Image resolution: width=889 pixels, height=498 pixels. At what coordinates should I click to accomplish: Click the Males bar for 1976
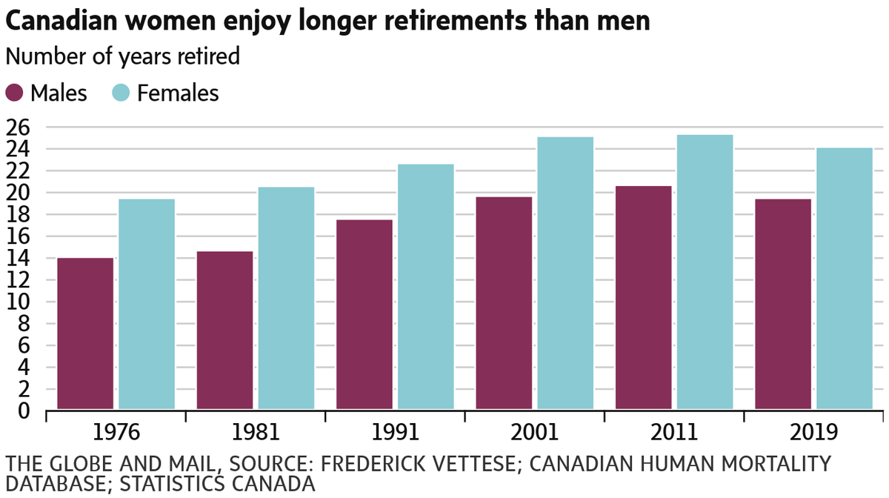pyautogui.click(x=85, y=333)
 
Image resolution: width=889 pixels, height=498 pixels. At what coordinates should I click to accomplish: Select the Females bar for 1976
pyautogui.click(x=147, y=304)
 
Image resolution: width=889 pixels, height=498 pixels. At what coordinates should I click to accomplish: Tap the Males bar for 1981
pyautogui.click(x=224, y=330)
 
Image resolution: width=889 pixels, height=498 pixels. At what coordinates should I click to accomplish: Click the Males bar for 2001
pyautogui.click(x=504, y=302)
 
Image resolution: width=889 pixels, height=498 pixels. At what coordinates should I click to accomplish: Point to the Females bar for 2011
pyautogui.click(x=705, y=272)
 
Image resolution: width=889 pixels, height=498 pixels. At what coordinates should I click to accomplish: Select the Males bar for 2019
pyautogui.click(x=783, y=304)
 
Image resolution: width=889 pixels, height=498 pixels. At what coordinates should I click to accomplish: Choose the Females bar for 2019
pyautogui.click(x=844, y=278)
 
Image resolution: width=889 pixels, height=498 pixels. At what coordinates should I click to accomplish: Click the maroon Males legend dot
pyautogui.click(x=16, y=93)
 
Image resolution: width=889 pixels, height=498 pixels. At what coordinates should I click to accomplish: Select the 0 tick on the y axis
pyautogui.click(x=25, y=410)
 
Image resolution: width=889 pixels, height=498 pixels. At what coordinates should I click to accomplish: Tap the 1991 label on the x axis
pyautogui.click(x=396, y=433)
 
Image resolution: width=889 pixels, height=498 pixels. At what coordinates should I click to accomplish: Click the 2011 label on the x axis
pyautogui.click(x=674, y=433)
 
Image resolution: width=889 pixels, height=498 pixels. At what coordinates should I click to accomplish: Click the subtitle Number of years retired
pyautogui.click(x=122, y=57)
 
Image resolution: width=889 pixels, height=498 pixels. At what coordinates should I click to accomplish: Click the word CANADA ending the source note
pyautogui.click(x=275, y=485)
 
